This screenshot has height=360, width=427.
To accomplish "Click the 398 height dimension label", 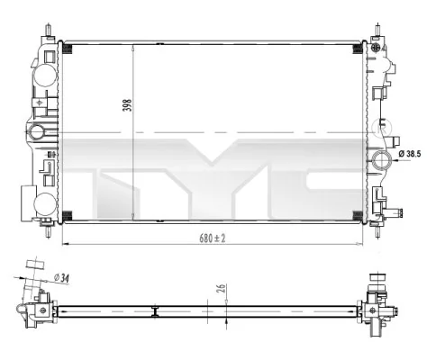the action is pyautogui.click(x=128, y=105).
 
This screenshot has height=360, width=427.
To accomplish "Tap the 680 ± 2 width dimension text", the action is pyautogui.click(x=213, y=238).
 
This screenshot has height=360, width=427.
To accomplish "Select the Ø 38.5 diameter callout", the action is pyautogui.click(x=410, y=154).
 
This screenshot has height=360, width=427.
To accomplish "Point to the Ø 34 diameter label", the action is pyautogui.click(x=61, y=278).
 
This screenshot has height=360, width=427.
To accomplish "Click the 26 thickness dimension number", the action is pyautogui.click(x=222, y=288).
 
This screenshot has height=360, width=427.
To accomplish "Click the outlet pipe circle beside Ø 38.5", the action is pyautogui.click(x=382, y=160).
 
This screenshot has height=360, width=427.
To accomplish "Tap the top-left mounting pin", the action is pyautogui.click(x=48, y=30).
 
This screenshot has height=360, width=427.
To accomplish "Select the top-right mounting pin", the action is pyautogui.click(x=377, y=30).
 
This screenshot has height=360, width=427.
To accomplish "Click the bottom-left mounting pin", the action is pyautogui.click(x=48, y=231).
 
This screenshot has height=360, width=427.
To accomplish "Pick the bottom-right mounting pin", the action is pyautogui.click(x=377, y=231).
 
